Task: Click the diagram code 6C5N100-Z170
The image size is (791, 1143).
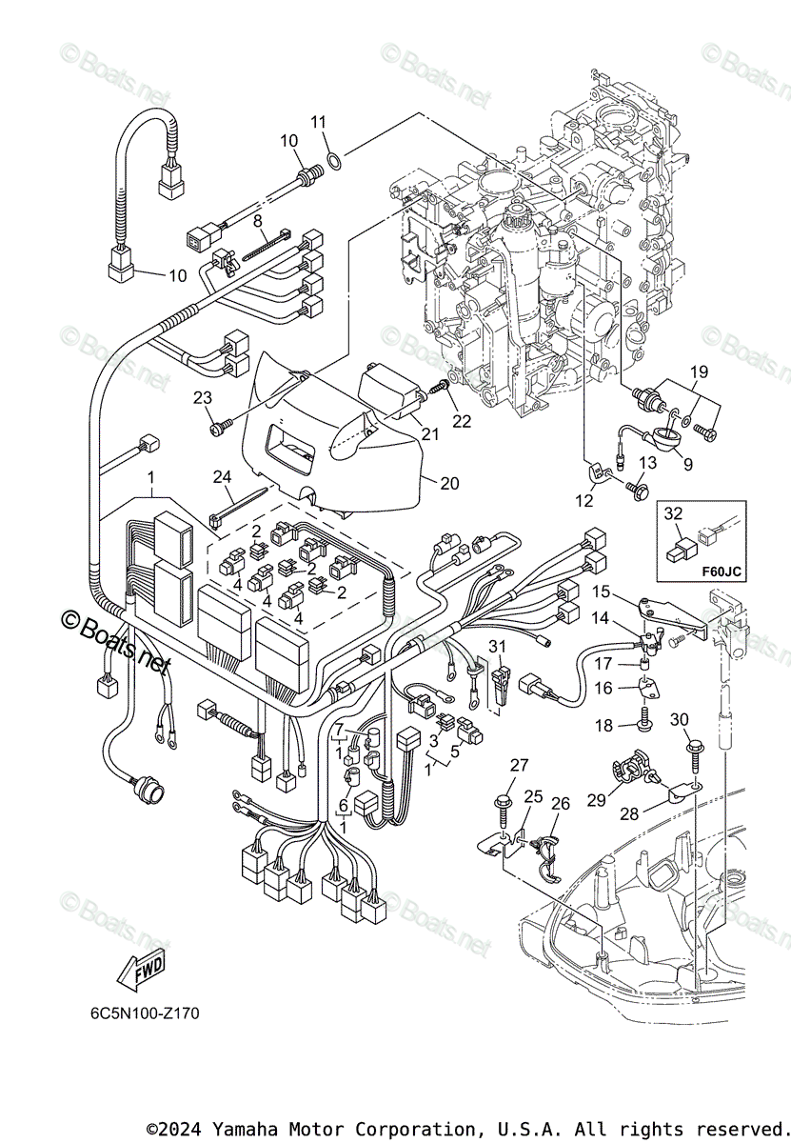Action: click(140, 1012)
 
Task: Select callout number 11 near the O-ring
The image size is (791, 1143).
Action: click(318, 122)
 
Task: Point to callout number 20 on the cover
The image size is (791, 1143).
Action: click(449, 484)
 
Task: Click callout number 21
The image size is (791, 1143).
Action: click(430, 434)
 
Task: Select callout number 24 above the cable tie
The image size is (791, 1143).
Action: click(223, 476)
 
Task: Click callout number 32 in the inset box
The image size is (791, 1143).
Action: click(674, 513)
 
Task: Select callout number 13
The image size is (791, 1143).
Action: click(647, 463)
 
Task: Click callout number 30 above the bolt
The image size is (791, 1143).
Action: click(679, 719)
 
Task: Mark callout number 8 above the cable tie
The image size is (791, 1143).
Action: click(257, 220)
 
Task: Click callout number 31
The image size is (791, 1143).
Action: click(496, 646)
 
